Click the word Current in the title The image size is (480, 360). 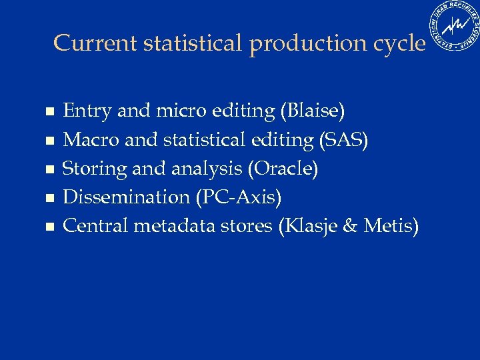coord(95,43)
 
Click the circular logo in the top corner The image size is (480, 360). coord(455,26)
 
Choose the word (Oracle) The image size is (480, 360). coord(283,169)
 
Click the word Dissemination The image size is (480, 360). coord(127,197)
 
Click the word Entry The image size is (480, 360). coord(87,111)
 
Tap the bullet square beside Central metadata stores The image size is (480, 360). coord(48,227)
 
